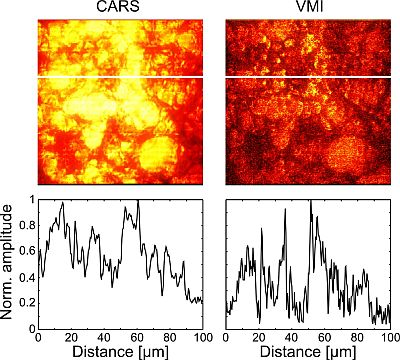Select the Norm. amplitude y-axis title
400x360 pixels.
click(x=9, y=264)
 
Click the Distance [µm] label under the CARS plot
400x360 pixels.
click(x=119, y=351)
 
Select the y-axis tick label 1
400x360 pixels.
click(x=29, y=198)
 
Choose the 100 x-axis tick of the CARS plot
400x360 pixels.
click(x=200, y=336)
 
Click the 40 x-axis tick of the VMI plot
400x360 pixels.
click(x=292, y=336)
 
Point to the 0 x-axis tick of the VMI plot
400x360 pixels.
click(x=227, y=336)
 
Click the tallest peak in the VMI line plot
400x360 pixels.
click(x=310, y=200)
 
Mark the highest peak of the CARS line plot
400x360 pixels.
click(x=137, y=200)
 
